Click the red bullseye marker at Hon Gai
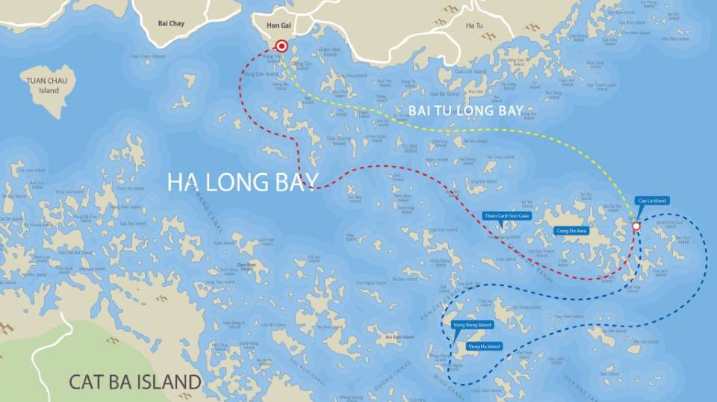pyautogui.click(x=282, y=46)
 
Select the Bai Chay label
pyautogui.click(x=171, y=23)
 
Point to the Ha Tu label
pyautogui.click(x=474, y=25)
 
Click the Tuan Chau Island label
pyautogui.click(x=43, y=85)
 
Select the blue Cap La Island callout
pyautogui.click(x=651, y=200)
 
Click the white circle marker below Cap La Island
pyautogui.click(x=636, y=226)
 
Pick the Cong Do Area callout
pyautogui.click(x=572, y=231)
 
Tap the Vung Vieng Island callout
pyautogui.click(x=471, y=325)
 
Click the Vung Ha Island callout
pyautogui.click(x=484, y=347)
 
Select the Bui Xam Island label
pyautogui.click(x=399, y=338)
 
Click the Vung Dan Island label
pyautogui.click(x=271, y=74)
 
